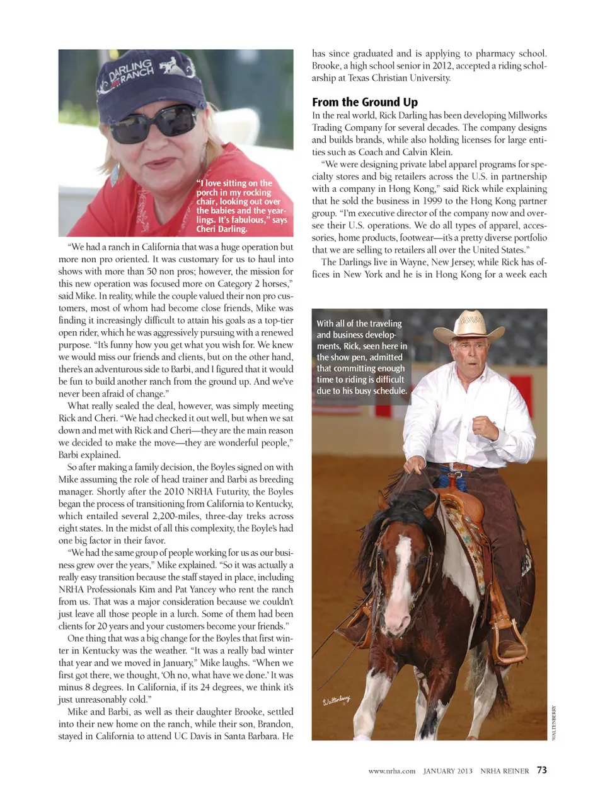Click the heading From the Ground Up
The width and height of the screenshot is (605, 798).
[x=364, y=102]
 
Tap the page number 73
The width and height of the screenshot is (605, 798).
[x=542, y=770]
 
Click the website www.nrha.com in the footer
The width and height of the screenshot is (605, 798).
[x=392, y=771]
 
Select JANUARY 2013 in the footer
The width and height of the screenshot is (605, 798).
[x=447, y=771]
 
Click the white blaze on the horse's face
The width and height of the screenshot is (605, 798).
[x=401, y=568]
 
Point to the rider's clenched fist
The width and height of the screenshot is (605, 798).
[x=484, y=427]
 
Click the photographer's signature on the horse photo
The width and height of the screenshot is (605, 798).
[x=336, y=701]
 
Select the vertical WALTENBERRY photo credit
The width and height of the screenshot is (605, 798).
[x=554, y=722]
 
